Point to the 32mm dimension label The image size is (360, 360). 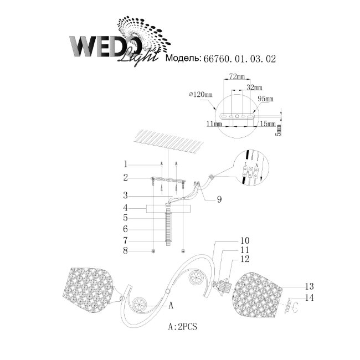click(x=254, y=88)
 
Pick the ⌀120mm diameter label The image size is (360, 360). click(x=200, y=95)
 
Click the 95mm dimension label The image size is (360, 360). click(x=266, y=99)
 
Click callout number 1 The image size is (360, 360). click(x=126, y=164)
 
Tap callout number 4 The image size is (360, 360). click(x=126, y=208)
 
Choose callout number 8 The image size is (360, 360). click(x=126, y=251)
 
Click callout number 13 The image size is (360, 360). click(x=309, y=286)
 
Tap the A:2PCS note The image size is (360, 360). click(x=182, y=327)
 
